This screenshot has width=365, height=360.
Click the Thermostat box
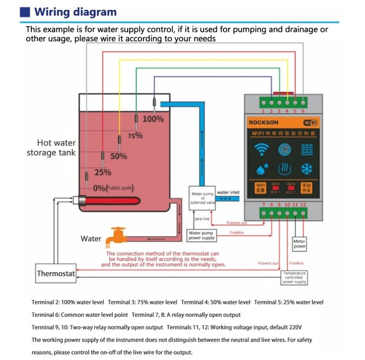[x=56, y=274]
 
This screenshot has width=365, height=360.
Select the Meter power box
[x=300, y=244]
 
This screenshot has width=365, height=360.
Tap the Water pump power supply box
[x=201, y=235]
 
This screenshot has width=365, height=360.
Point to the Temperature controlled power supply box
[x=295, y=278]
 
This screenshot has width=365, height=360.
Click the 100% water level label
[x=153, y=119]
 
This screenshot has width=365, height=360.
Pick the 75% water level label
[x=135, y=136]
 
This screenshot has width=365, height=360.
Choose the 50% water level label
[x=118, y=156]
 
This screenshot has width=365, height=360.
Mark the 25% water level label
[x=102, y=173]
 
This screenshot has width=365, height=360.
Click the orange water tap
[x=114, y=237]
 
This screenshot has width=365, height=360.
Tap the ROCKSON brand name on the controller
[x=264, y=123]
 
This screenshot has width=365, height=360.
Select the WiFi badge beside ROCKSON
[x=310, y=123]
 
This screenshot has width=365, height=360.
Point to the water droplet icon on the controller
[x=262, y=168]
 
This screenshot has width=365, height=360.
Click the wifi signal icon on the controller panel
[x=263, y=149]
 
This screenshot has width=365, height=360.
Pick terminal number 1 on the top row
[x=264, y=111]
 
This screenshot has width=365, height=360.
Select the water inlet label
[x=228, y=193]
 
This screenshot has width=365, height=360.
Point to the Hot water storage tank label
[x=51, y=148]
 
